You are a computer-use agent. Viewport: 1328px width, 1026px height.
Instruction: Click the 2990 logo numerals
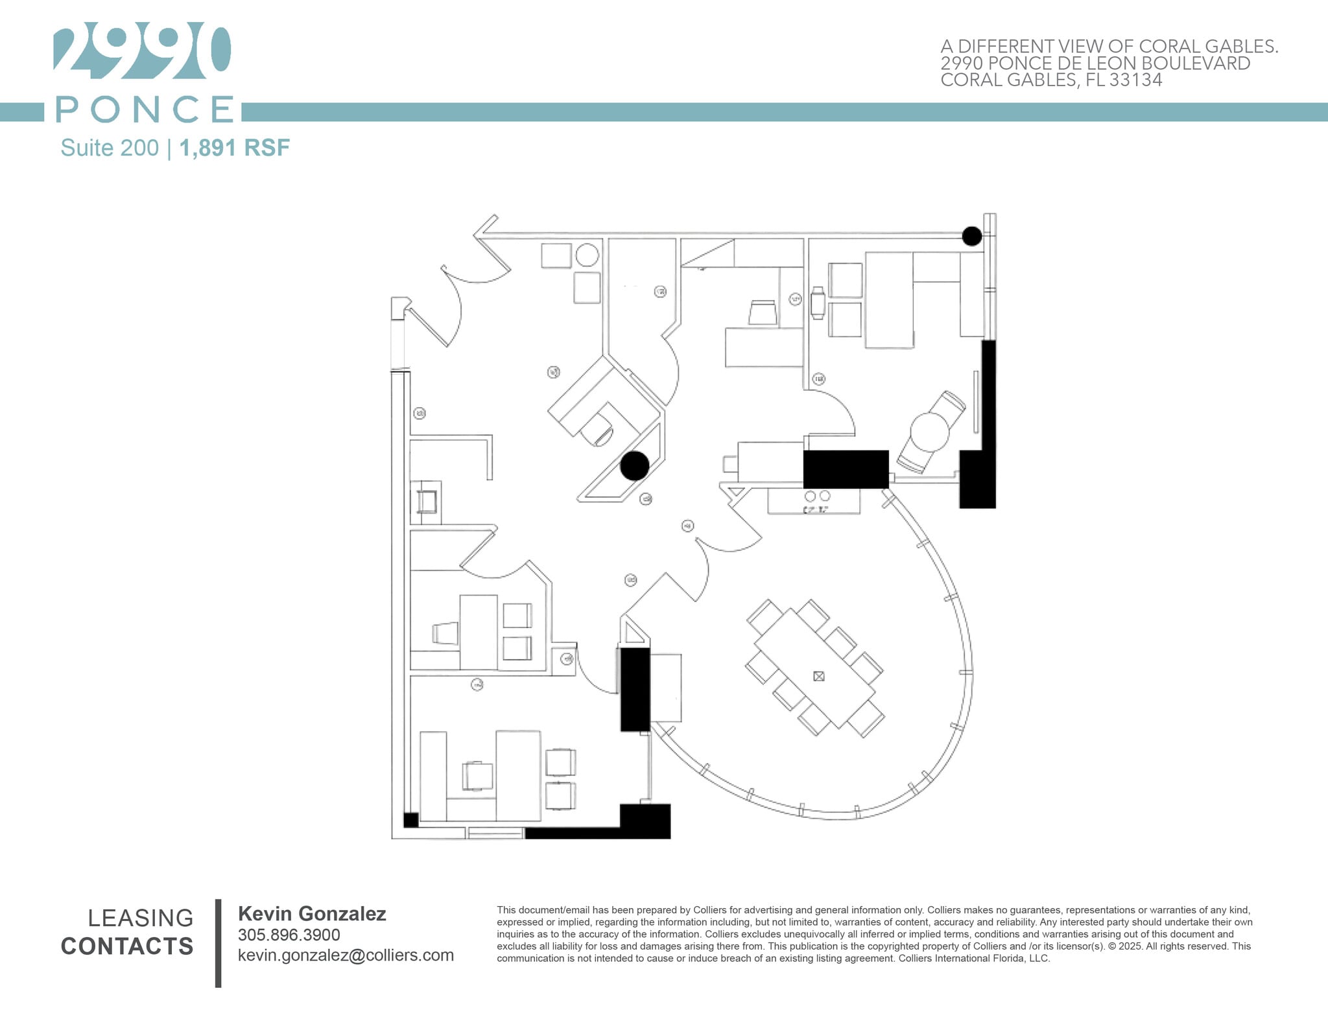[141, 52]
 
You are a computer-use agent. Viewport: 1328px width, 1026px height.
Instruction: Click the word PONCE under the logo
[145, 109]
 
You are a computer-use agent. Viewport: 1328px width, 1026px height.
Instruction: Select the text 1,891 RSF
[234, 148]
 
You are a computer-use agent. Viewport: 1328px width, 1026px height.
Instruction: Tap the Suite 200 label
[109, 148]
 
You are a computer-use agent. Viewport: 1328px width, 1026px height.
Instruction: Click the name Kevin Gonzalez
[312, 914]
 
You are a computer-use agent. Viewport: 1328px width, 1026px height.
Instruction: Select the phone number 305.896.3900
[289, 935]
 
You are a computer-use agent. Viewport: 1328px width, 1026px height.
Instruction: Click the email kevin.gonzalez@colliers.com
[346, 955]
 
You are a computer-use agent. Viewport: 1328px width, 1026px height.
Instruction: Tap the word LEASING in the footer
[140, 918]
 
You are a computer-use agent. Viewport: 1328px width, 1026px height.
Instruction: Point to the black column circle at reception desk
[634, 465]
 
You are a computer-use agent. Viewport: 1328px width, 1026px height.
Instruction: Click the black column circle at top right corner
[971, 236]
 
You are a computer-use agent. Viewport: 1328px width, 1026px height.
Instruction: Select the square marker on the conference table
[819, 677]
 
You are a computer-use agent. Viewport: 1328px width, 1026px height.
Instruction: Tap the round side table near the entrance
[587, 255]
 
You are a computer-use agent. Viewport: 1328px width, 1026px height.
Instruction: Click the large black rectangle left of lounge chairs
[846, 469]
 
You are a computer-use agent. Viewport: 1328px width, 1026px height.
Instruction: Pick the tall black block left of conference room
[635, 689]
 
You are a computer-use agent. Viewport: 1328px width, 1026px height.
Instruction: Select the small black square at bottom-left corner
[410, 820]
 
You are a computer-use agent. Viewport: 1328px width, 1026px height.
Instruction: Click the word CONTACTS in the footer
[127, 946]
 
